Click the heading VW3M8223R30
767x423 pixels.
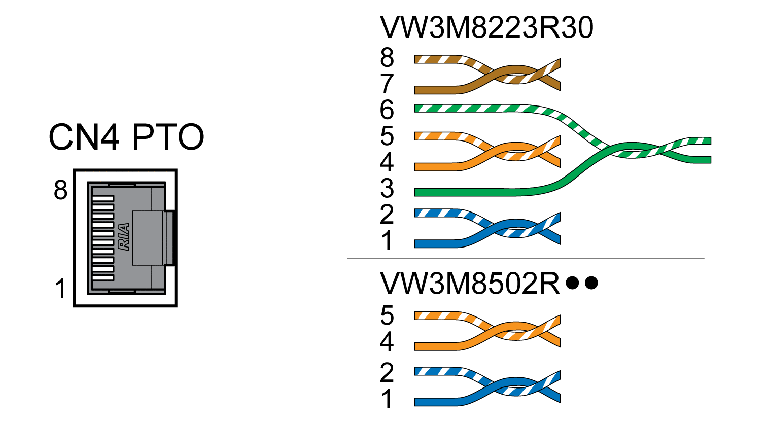coord(486,27)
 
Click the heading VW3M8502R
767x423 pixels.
coord(470,283)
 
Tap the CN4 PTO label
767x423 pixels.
coord(126,137)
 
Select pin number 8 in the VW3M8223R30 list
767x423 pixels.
coord(387,57)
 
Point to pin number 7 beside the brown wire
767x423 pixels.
coord(387,84)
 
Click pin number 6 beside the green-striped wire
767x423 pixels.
coord(387,110)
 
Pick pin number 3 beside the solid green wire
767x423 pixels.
coord(387,188)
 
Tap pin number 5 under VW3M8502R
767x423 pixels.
coord(387,315)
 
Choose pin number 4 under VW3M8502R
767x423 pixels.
coord(387,342)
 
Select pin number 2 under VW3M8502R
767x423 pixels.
coord(387,373)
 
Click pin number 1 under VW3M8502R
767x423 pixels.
coord(387,399)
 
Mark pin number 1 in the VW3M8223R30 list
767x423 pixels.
coord(387,240)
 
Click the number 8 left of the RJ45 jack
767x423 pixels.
coord(60,190)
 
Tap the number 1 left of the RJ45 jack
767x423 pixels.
coord(60,289)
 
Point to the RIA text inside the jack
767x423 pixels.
coord(124,237)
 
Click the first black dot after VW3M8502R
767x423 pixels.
coord(573,283)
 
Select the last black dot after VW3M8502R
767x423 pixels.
coord(591,283)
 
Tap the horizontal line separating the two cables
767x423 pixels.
coord(526,259)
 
